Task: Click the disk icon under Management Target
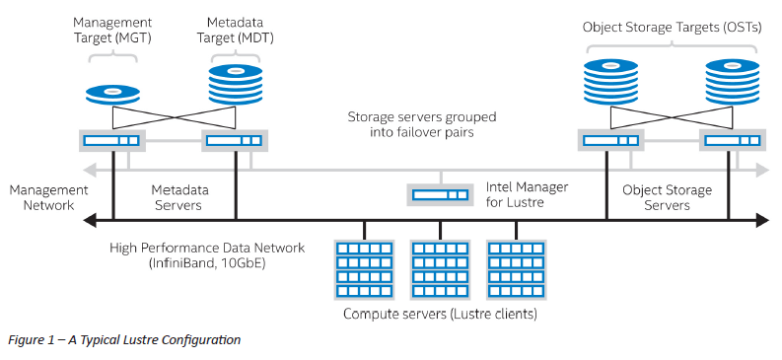tap(112, 93)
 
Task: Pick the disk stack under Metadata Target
tap(235, 85)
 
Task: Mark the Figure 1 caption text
tap(123, 340)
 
